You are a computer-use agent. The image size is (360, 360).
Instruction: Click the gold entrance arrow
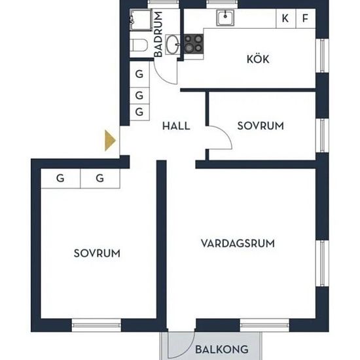pyautogui.click(x=110, y=141)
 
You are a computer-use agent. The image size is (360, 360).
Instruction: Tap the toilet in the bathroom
pyautogui.click(x=138, y=45)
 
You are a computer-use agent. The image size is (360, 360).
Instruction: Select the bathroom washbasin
pyautogui.click(x=173, y=45)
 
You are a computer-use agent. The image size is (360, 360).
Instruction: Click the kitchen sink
pyautogui.click(x=225, y=18)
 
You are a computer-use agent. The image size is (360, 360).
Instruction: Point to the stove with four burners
pyautogui.click(x=194, y=44)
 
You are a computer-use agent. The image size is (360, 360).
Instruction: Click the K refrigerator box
pyautogui.click(x=285, y=18)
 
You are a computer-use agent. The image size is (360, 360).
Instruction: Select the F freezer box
pyautogui.click(x=306, y=18)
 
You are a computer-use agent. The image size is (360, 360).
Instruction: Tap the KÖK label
pyautogui.click(x=258, y=59)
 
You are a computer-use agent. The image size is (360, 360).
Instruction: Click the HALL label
pyautogui.click(x=176, y=126)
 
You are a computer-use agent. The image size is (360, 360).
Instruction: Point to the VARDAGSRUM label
pyautogui.click(x=238, y=243)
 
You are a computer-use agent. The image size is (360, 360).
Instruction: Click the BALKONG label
pyautogui.click(x=222, y=350)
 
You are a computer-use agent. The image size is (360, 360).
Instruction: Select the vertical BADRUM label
pyautogui.click(x=158, y=34)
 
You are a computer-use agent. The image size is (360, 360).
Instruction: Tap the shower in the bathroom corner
pyautogui.click(x=141, y=20)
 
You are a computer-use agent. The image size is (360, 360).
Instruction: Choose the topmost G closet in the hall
pyautogui.click(x=139, y=74)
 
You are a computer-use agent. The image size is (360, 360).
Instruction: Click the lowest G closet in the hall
pyautogui.click(x=139, y=113)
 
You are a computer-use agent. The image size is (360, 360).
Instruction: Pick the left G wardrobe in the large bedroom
pyautogui.click(x=61, y=179)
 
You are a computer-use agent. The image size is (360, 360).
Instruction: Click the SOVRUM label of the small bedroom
pyautogui.click(x=261, y=126)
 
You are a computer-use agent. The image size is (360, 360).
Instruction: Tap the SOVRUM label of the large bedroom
pyautogui.click(x=97, y=253)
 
